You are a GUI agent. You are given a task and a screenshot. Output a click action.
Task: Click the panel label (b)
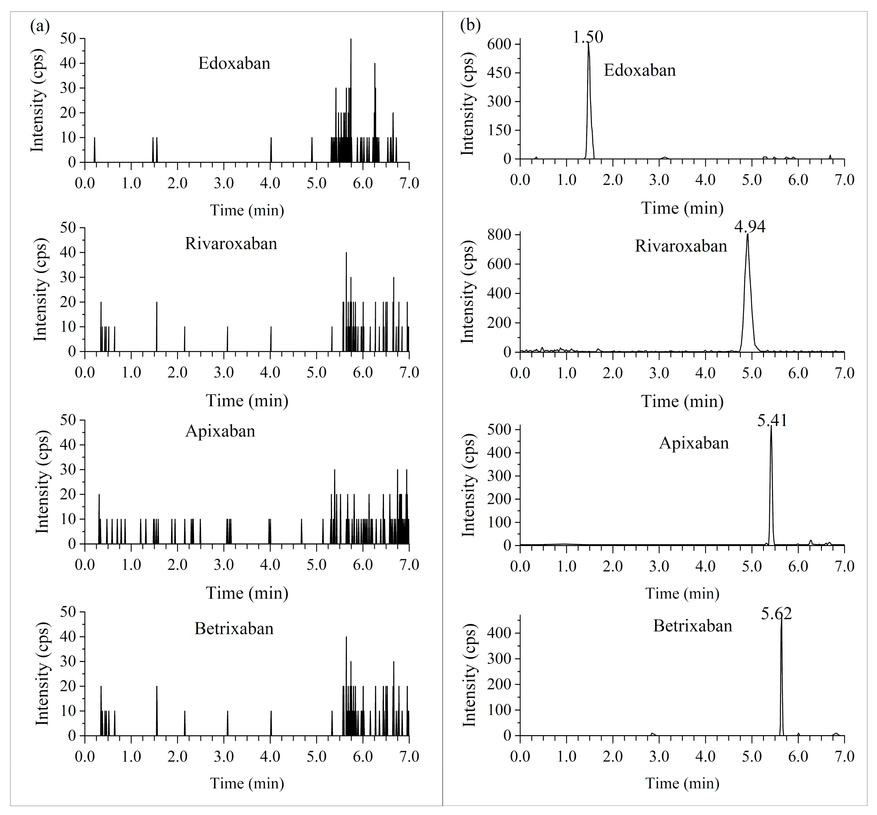[x=470, y=26]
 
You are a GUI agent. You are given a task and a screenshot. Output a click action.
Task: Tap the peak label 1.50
[x=588, y=37]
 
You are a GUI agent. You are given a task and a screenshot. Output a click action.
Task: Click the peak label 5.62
[x=776, y=614]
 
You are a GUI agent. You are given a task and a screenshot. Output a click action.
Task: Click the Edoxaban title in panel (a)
[x=234, y=63]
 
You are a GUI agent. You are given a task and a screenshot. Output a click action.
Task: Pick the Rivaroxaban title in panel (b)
[x=681, y=246]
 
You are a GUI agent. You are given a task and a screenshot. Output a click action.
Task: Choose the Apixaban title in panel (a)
[x=220, y=431]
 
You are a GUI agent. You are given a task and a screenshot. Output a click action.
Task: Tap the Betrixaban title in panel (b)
[x=692, y=626]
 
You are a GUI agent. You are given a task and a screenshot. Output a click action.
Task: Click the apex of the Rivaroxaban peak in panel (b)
[x=748, y=235]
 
